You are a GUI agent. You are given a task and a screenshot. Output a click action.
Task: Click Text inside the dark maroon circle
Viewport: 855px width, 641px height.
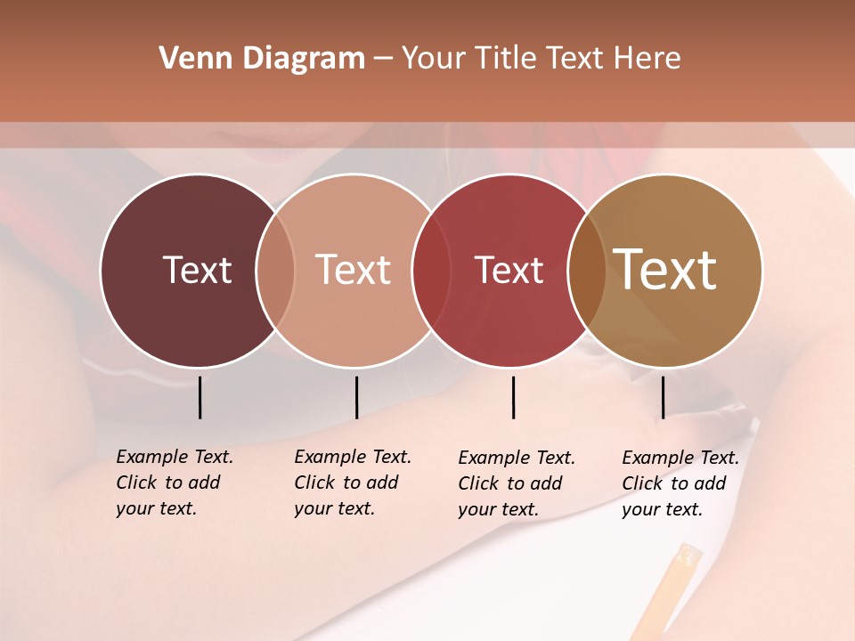(197, 270)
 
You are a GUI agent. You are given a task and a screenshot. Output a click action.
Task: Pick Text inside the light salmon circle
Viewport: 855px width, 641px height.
(354, 270)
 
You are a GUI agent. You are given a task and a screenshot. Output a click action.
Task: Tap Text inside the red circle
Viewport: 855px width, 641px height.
(509, 270)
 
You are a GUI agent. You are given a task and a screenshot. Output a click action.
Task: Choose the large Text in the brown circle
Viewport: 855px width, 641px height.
(665, 270)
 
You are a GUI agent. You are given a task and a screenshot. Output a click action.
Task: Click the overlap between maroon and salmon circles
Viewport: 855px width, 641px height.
(275, 270)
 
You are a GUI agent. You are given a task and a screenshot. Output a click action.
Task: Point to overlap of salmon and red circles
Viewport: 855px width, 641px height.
(431, 270)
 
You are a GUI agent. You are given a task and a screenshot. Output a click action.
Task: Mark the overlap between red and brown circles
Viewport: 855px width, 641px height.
(587, 270)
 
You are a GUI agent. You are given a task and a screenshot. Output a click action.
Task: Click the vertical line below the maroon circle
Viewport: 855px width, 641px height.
(200, 397)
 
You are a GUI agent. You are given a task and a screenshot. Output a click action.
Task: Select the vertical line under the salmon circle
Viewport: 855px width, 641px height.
(356, 397)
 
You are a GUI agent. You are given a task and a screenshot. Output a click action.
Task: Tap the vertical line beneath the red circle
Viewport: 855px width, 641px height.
(513, 397)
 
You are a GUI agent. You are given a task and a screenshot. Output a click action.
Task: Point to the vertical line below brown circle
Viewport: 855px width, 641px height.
(663, 397)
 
